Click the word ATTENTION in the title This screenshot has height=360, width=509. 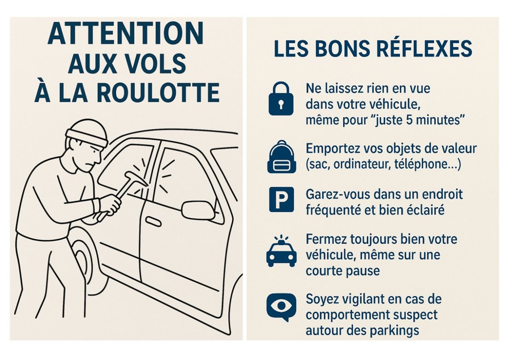126,33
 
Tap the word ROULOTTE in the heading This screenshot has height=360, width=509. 158,92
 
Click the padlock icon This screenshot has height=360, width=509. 281,98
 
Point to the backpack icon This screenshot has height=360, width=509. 281,157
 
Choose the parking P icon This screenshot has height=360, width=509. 281,200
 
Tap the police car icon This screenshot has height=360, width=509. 281,251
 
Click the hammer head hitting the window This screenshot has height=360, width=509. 138,178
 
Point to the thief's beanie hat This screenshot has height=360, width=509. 87,134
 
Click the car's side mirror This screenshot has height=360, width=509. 198,209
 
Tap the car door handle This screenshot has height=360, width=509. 153,222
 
